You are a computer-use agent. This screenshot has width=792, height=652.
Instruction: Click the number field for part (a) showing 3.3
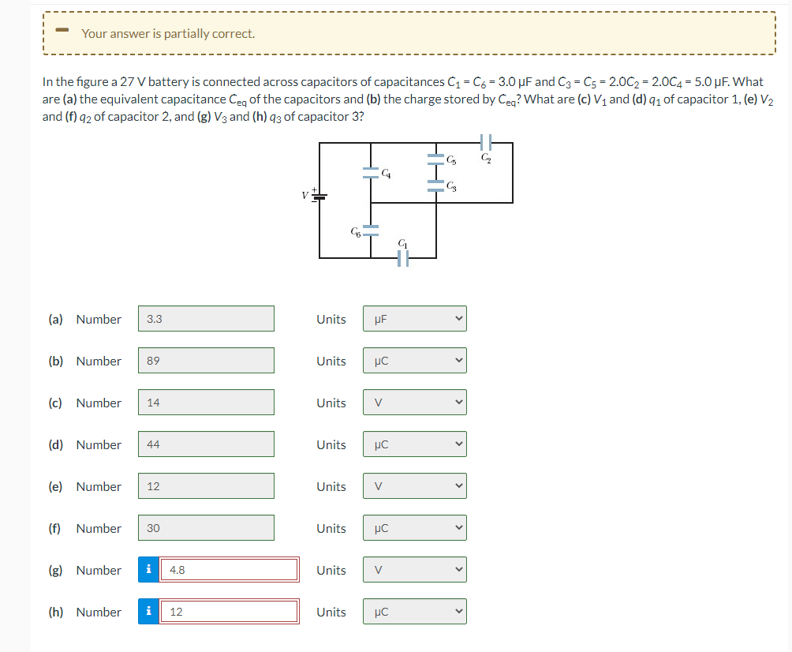pos(207,319)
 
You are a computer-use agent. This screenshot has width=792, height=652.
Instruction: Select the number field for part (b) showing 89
pos(207,361)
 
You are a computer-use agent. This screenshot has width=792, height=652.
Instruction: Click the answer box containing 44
pos(207,444)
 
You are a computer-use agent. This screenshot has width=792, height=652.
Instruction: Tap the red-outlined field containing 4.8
pos(229,570)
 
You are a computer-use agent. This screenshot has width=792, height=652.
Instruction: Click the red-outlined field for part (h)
pos(229,612)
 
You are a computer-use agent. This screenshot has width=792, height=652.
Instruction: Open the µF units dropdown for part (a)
pos(415,319)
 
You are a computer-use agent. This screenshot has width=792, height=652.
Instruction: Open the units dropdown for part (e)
pos(415,486)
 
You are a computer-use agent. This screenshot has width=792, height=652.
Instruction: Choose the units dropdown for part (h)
pos(415,612)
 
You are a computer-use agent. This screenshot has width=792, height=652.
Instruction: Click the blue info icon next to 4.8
pos(149,570)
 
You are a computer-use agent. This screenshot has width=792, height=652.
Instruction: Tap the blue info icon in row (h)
pos(149,612)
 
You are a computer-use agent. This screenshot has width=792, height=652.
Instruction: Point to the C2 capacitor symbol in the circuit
pos(486,143)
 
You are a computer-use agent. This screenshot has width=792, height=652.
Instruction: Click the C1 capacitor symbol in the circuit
pos(402,258)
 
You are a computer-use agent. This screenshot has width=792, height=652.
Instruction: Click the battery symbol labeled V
pos(319,195)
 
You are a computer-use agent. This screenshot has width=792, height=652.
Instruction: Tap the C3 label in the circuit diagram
pos(450,186)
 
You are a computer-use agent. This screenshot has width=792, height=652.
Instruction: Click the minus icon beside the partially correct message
pos(64,32)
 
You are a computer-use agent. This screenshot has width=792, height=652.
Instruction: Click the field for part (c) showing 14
pos(207,403)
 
